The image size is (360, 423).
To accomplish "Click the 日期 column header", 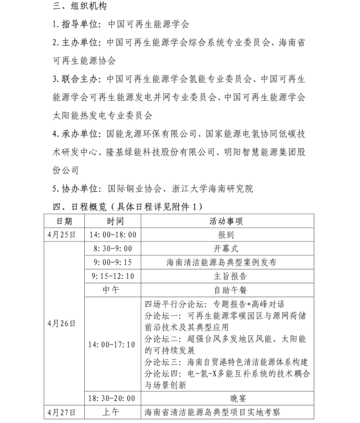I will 64,221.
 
